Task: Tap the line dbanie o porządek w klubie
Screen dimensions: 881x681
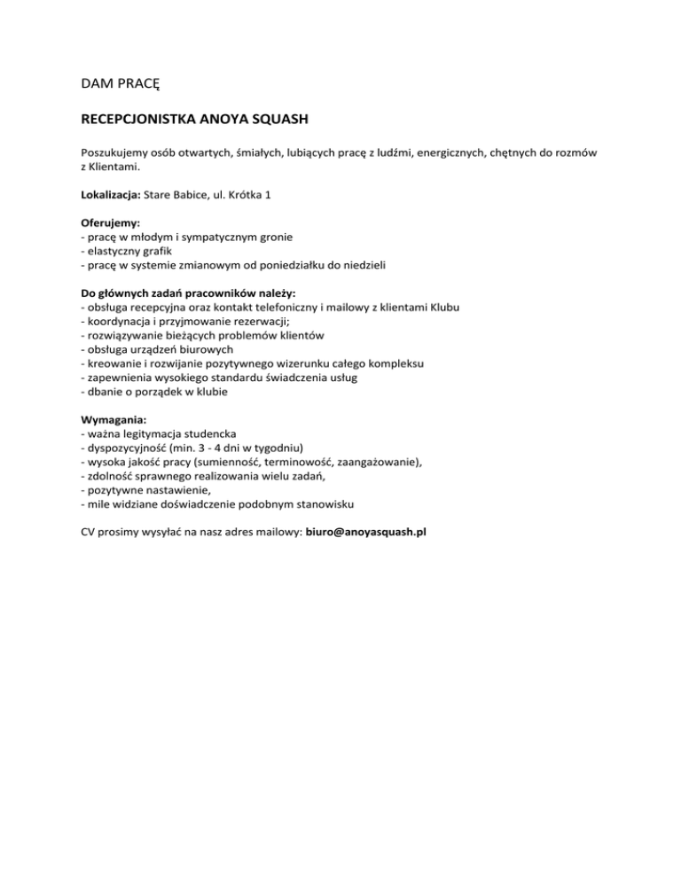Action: (153, 391)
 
